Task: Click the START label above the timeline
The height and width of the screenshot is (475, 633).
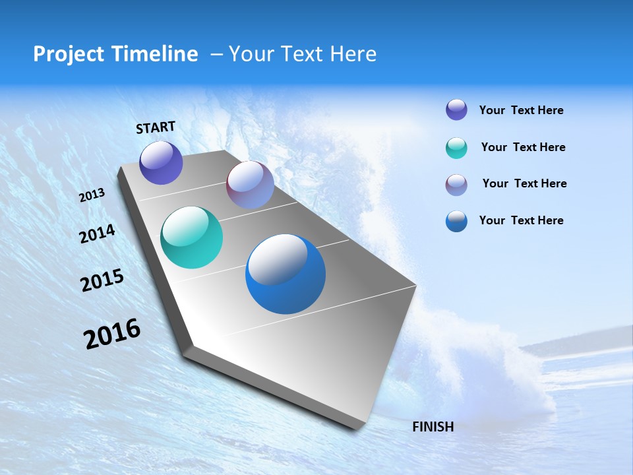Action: [x=156, y=127]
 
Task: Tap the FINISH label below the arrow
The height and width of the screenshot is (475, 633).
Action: [x=433, y=427]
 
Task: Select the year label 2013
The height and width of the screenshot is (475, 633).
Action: [x=92, y=195]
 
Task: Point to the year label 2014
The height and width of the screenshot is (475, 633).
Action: [x=97, y=234]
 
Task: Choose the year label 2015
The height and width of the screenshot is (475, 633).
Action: [x=102, y=280]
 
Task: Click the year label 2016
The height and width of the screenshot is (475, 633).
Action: [x=112, y=334]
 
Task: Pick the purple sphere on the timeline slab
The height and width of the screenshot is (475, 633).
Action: [x=161, y=162]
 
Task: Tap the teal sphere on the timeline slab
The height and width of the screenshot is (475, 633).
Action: [x=191, y=237]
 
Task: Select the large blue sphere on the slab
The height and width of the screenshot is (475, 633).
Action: [x=286, y=274]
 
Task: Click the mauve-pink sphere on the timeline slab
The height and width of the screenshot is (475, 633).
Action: [x=250, y=185]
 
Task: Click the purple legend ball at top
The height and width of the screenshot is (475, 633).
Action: [x=456, y=110]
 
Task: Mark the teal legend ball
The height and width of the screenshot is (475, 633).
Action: [x=456, y=148]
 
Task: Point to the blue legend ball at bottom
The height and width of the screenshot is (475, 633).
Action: [x=456, y=221]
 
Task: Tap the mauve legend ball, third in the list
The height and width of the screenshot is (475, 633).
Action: [x=456, y=185]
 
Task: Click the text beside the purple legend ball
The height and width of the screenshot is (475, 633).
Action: [x=521, y=110]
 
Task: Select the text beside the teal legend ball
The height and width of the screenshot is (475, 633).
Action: [x=523, y=147]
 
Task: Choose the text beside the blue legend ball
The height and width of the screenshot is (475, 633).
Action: [x=521, y=220]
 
